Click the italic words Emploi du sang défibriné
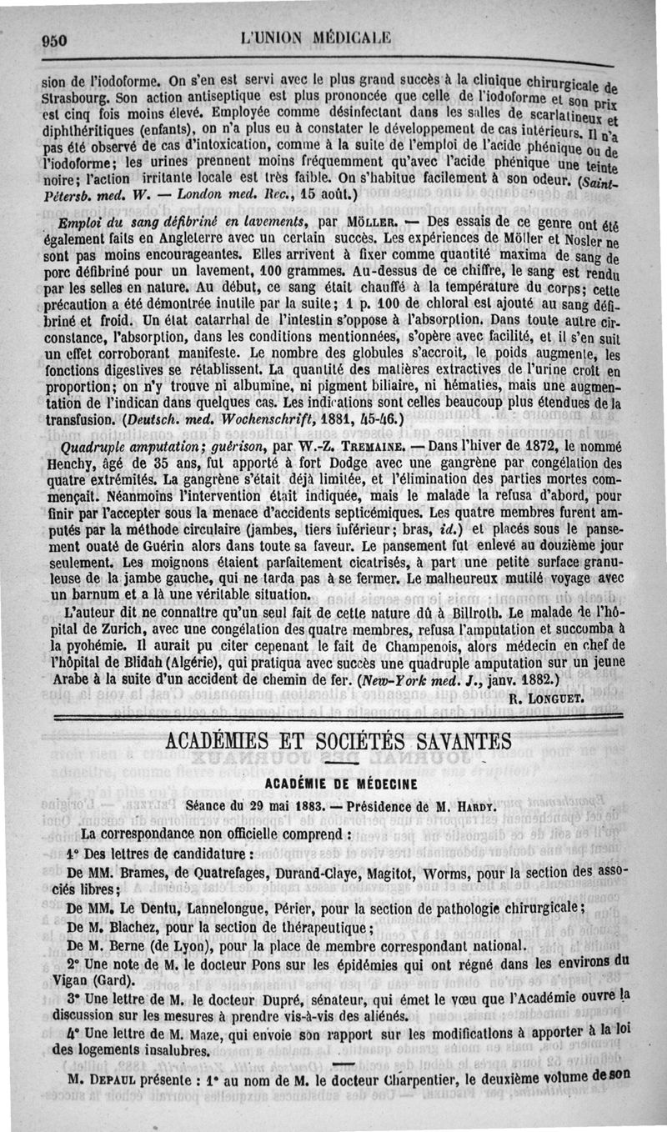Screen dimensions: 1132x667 click(143, 222)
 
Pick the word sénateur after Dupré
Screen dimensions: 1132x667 click(306, 998)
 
